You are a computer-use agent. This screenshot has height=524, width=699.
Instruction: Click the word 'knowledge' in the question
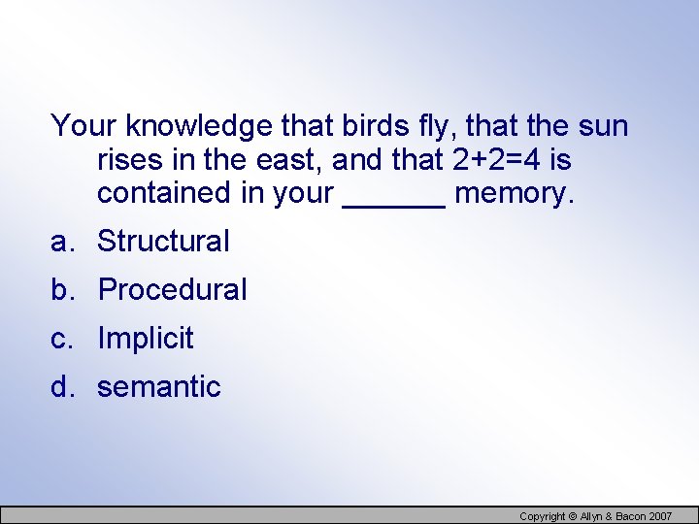click(199, 127)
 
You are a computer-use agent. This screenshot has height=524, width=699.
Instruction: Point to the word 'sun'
click(603, 127)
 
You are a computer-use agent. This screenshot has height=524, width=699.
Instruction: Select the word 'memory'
click(514, 193)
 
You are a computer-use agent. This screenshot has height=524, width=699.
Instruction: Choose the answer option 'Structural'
click(163, 241)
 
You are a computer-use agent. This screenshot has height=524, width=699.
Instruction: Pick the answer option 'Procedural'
click(173, 289)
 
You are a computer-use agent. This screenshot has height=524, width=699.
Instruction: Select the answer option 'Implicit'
click(146, 338)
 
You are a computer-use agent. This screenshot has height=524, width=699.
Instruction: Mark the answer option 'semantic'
click(159, 386)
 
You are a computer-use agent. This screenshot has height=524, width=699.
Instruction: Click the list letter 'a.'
click(64, 241)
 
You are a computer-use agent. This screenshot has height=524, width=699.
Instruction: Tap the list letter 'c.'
click(64, 338)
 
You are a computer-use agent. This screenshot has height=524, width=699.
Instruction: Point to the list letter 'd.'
click(64, 386)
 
